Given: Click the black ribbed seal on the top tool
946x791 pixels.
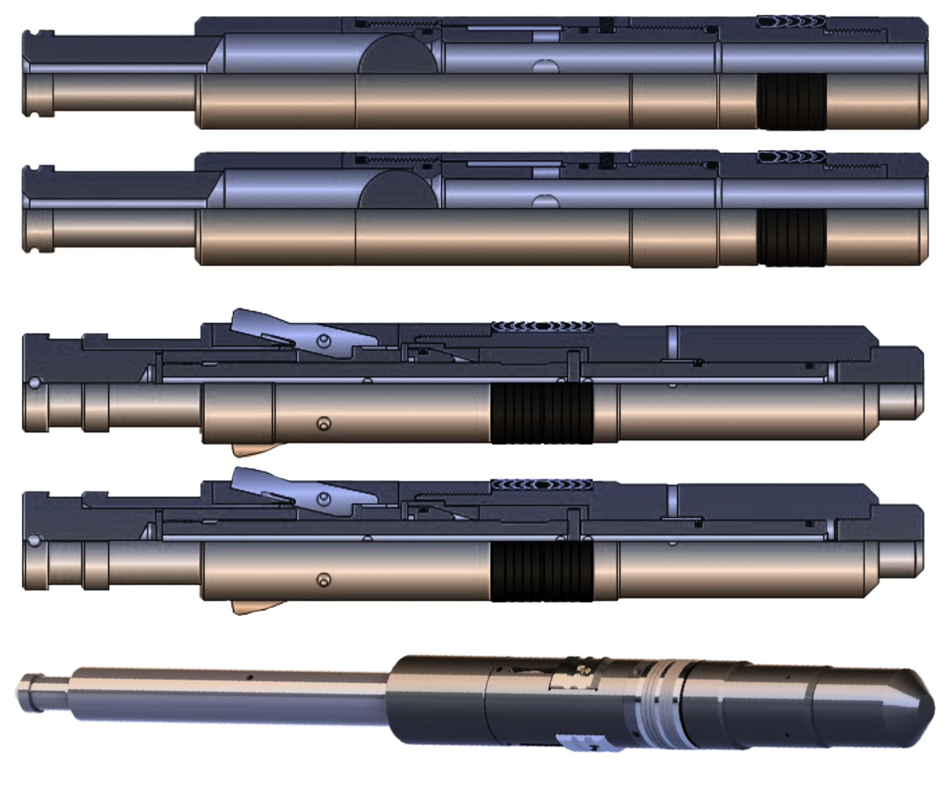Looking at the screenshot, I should point(792,102).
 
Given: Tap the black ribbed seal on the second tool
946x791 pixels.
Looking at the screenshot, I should point(792,237).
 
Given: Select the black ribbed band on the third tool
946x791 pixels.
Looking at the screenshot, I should point(541,412).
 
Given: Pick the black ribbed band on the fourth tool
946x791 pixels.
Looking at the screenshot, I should point(541,571).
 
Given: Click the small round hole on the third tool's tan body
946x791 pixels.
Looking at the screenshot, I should point(323,424).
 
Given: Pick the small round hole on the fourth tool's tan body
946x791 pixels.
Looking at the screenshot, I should point(323,580).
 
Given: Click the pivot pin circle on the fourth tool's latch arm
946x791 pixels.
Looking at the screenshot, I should point(324,499).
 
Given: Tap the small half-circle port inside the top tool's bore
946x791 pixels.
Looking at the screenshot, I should point(544,66).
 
